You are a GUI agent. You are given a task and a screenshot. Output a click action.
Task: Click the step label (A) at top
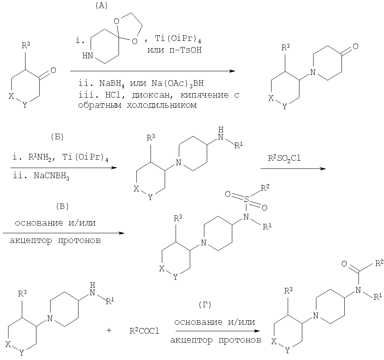[x=101, y=6]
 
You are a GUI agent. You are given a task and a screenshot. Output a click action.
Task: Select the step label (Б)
[x=57, y=137]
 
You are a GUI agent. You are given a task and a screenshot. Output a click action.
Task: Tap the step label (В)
[x=62, y=207]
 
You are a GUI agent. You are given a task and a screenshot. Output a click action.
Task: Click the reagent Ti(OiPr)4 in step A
[x=178, y=39]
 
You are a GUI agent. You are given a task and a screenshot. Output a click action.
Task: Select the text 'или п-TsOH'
[x=174, y=50]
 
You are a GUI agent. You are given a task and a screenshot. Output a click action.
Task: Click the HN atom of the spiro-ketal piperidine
[x=87, y=55]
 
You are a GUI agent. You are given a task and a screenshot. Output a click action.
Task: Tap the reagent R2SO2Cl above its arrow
[x=284, y=158]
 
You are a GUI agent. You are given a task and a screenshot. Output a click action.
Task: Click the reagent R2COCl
[x=144, y=331]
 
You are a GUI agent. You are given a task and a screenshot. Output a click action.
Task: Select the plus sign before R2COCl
[x=109, y=330]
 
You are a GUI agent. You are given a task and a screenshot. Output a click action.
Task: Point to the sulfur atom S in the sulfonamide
[x=246, y=200]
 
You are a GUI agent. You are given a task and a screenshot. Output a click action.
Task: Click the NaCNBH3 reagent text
[x=51, y=176]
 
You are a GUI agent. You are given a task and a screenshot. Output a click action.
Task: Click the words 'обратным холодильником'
[x=138, y=105]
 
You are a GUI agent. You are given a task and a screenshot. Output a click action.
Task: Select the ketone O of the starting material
[x=53, y=70]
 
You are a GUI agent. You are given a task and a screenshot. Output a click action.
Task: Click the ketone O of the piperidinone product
[x=355, y=46]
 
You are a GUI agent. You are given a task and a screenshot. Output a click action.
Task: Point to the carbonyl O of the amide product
[x=344, y=264]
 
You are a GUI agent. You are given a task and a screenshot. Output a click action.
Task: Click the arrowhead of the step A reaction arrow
[x=232, y=71]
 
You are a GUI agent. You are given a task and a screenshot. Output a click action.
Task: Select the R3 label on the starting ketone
[x=26, y=45]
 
